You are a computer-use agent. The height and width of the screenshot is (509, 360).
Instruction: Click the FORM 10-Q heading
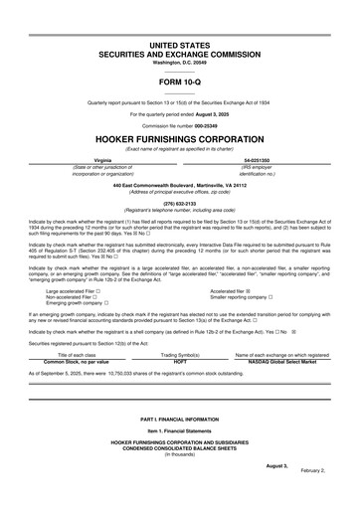tap(179, 83)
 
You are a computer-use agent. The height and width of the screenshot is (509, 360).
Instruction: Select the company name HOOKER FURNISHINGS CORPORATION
tap(179, 138)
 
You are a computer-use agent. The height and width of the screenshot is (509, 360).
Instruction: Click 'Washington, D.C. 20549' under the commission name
tap(179, 63)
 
